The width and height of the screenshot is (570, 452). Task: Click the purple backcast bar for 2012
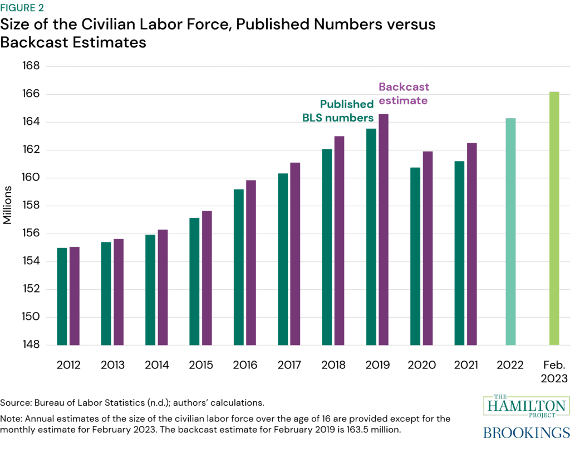[75, 296]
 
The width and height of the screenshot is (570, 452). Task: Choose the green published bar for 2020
[415, 256]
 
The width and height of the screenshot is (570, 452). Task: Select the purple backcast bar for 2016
[251, 263]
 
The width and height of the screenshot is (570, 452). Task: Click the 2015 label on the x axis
[201, 366]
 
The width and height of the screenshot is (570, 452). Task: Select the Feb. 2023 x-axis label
[554, 372]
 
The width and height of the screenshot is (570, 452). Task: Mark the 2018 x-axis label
[333, 366]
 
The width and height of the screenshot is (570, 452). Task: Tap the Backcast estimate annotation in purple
[404, 94]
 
